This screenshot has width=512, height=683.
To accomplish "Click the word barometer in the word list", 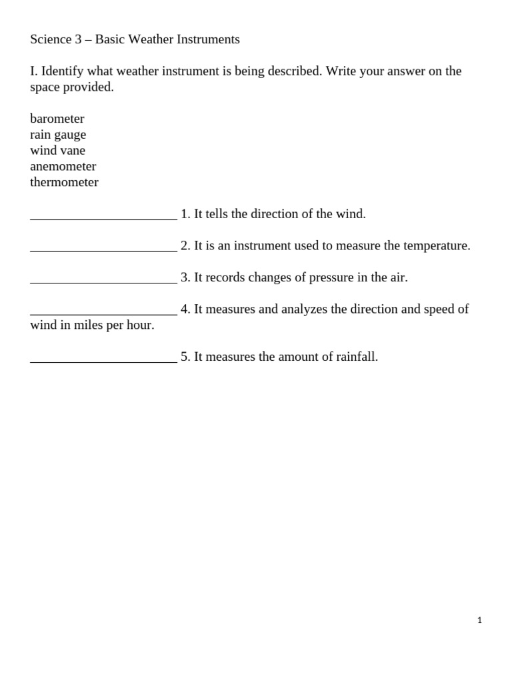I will [57, 119].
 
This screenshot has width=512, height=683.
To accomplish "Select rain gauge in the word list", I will [58, 135].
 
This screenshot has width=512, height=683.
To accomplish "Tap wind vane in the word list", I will [57, 151].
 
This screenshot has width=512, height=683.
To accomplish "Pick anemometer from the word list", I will [63, 167].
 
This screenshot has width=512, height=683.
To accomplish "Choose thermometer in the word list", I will [64, 183].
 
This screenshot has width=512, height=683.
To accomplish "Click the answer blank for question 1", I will [103, 214].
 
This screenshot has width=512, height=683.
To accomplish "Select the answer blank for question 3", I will [103, 277].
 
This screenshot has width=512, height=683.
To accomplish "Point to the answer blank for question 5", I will [103, 357].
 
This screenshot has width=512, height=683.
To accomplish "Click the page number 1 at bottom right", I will [479, 620].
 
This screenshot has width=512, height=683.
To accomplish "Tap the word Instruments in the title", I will [208, 39].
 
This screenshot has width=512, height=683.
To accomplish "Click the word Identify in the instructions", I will [63, 71].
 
